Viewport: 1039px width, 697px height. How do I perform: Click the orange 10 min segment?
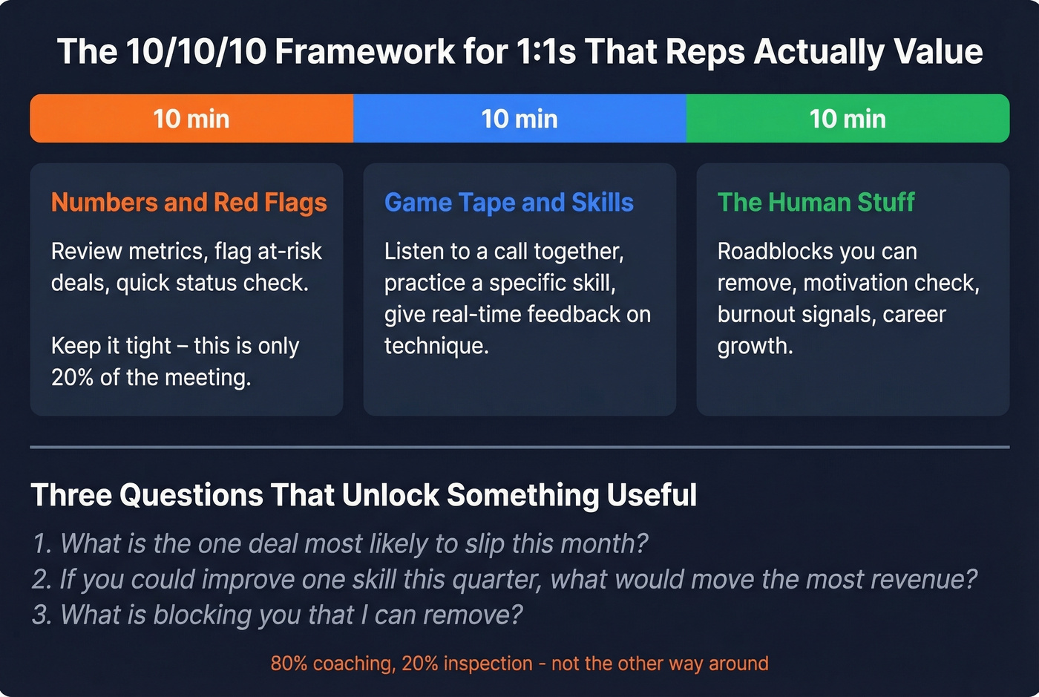pos(191,119)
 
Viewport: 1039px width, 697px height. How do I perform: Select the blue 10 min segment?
pos(519,119)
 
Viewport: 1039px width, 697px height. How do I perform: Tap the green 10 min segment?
pos(848,119)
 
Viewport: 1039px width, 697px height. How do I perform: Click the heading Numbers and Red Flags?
pos(189,203)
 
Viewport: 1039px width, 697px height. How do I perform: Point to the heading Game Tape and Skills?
pos(509,203)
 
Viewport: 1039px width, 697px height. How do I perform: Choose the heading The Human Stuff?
pos(816,203)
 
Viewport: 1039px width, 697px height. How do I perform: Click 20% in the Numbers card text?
pos(72,378)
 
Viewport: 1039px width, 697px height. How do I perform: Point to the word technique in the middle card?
pos(436,346)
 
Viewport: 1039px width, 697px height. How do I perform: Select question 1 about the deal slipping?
pos(340,544)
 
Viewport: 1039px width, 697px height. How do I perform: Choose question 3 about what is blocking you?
pos(277,615)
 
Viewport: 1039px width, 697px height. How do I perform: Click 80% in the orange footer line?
pos(289,664)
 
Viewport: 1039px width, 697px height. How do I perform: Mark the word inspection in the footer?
pos(488,664)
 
